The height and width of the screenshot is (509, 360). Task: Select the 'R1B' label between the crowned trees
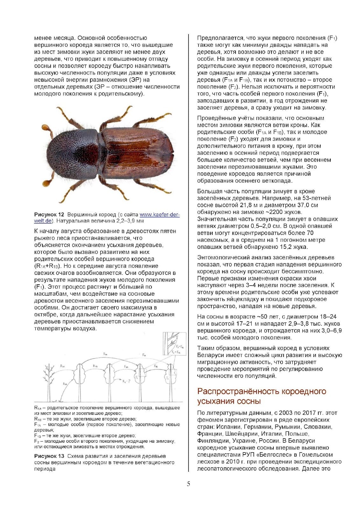(95, 366)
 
